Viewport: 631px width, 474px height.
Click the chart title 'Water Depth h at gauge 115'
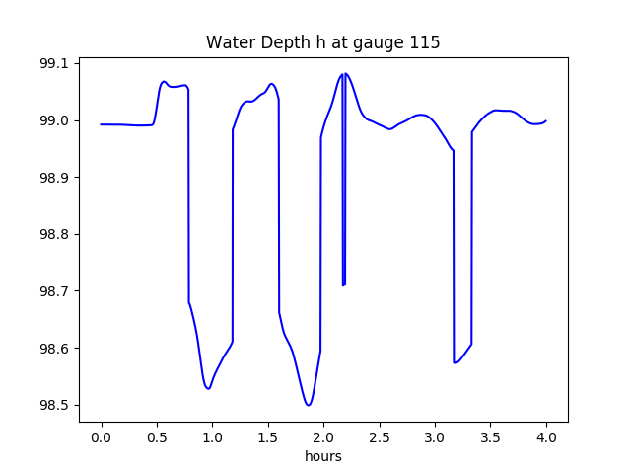[x=322, y=43]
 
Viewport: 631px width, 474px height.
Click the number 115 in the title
[x=426, y=43]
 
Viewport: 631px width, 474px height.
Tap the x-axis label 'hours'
[x=322, y=456]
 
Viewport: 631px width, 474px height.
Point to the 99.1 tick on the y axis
[x=55, y=64]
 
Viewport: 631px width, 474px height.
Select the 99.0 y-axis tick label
[x=55, y=121]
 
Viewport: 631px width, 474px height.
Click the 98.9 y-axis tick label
[x=55, y=178]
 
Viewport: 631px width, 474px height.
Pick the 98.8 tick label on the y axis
[x=55, y=235]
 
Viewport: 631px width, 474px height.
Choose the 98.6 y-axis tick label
[x=55, y=349]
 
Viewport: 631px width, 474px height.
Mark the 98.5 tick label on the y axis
[x=55, y=406]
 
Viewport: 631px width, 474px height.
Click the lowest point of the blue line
[x=309, y=405]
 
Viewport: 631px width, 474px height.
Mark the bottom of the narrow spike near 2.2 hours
[x=343, y=285]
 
